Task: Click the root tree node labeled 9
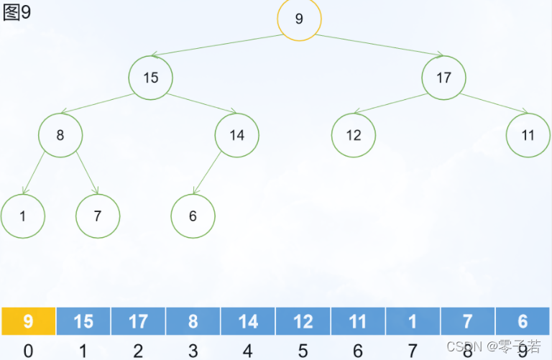click(299, 19)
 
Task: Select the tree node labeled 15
click(151, 78)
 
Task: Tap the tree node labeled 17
click(443, 78)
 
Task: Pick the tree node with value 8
click(60, 134)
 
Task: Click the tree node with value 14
click(236, 135)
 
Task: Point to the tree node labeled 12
click(354, 135)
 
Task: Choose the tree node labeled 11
click(528, 135)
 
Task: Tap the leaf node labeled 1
click(23, 216)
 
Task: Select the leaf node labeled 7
click(98, 216)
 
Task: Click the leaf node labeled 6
click(193, 216)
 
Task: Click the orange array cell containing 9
click(28, 321)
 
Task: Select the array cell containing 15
click(83, 321)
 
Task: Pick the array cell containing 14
click(248, 321)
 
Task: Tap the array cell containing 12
click(303, 321)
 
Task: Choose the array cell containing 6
click(523, 321)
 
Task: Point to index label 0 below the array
click(28, 350)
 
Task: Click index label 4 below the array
click(248, 350)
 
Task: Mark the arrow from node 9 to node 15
click(216, 45)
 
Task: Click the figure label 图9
click(17, 13)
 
